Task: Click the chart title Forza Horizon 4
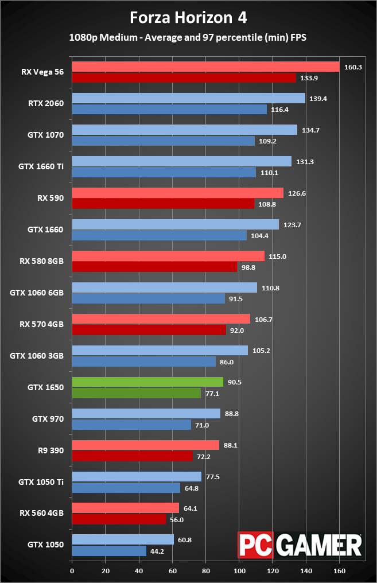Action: pos(188,18)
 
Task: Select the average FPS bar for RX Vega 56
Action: pos(205,67)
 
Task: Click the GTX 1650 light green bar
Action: pos(147,382)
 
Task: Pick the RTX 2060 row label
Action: pos(46,104)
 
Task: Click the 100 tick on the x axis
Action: pos(239,571)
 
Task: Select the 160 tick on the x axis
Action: pos(340,571)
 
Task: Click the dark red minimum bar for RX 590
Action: pos(163,204)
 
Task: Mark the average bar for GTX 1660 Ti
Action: pos(181,161)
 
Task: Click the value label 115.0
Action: pos(277,256)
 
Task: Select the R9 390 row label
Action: pos(50,450)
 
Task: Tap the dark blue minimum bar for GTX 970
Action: pos(131,425)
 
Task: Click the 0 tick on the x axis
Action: pos(72,571)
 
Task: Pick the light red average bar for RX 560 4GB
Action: pos(125,508)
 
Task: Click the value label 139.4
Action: pos(318,99)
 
